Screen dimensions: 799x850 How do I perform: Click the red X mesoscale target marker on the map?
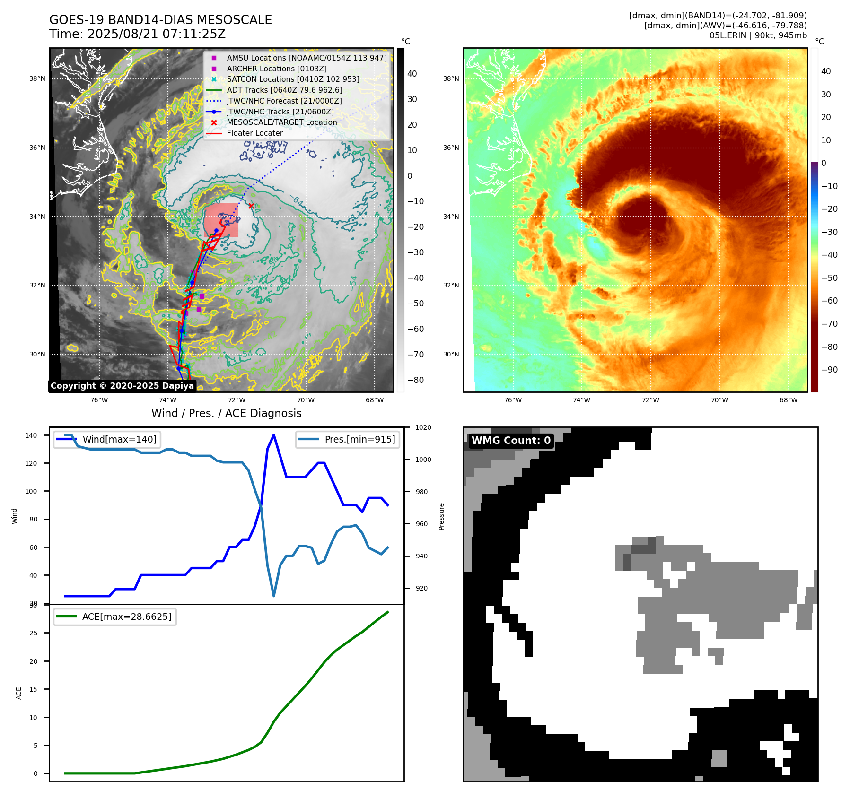point(251,206)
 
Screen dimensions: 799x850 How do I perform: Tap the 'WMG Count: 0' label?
point(511,441)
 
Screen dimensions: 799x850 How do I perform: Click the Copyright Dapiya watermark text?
point(122,386)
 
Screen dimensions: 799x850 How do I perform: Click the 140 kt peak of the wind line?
point(274,435)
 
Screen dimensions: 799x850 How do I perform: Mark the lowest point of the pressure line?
point(274,596)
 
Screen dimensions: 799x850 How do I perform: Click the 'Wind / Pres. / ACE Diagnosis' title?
point(226,413)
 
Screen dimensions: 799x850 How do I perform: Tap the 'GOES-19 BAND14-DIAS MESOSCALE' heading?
point(160,20)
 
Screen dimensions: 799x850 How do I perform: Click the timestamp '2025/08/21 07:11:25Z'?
point(157,34)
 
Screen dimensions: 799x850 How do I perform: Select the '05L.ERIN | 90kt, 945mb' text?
point(758,35)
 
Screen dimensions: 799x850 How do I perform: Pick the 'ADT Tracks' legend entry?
point(284,90)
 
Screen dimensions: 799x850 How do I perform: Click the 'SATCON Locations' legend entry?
point(293,79)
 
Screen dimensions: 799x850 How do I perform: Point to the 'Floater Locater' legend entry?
point(254,133)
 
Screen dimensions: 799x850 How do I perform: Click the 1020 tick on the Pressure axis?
point(423,427)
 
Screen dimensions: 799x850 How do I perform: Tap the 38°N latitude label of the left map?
point(37,78)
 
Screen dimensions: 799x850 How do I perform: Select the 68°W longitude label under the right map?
point(789,400)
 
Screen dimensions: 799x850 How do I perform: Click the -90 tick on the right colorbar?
point(829,370)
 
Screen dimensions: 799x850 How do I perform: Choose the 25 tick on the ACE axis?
point(34,633)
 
